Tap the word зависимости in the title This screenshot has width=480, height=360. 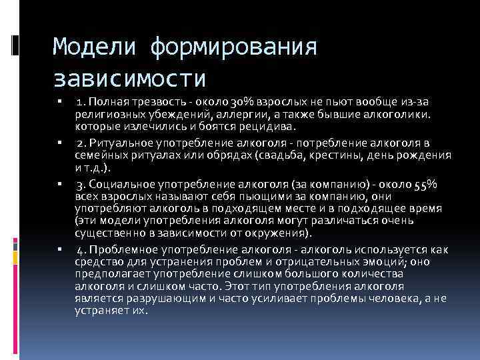coord(129,78)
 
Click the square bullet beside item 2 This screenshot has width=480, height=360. coord(60,144)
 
